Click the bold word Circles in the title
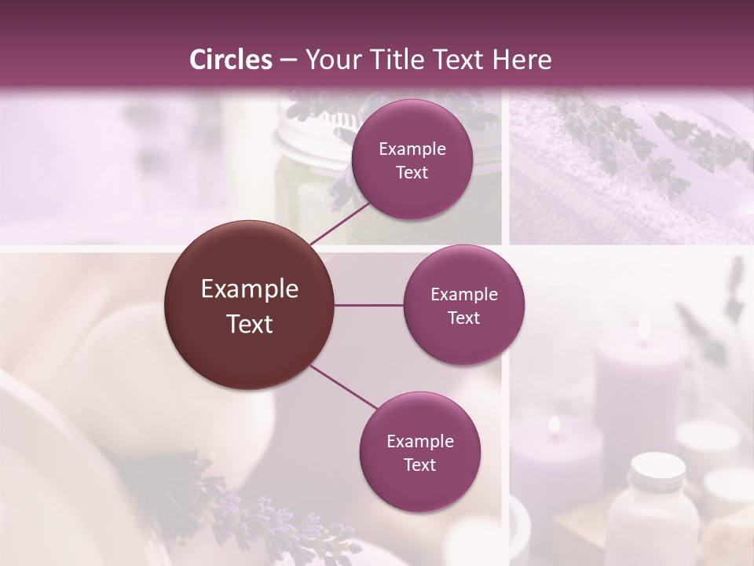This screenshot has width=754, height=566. pos(231,60)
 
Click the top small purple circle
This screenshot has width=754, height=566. pos(412,160)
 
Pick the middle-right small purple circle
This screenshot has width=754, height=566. pos(463,305)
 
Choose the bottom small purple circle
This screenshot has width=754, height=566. pos(419,452)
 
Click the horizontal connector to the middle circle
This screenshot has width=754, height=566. pos(369,305)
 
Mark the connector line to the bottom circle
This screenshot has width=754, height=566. pos(344,388)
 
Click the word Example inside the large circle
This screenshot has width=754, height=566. pos(250,289)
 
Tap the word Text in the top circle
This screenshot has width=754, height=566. pos(412,172)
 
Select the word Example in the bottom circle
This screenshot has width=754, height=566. pos(419,441)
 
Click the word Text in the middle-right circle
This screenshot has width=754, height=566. pos(463,318)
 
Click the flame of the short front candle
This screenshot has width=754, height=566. pos(555,425)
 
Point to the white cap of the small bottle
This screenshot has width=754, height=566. pos(657,469)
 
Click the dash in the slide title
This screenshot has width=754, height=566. pos(288,61)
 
